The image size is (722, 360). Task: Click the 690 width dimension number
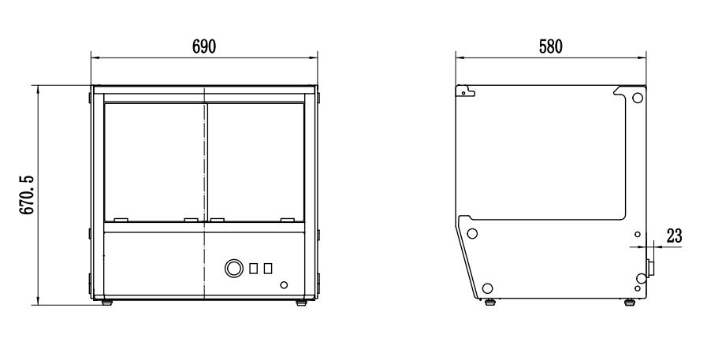pyautogui.click(x=204, y=46)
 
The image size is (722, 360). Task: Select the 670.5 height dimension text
pyautogui.click(x=28, y=195)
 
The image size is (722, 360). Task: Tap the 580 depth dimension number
pyautogui.click(x=550, y=46)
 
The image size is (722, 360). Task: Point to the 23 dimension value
pyautogui.click(x=673, y=235)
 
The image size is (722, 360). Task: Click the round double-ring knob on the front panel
pyautogui.click(x=233, y=268)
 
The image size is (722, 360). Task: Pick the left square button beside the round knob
pyautogui.click(x=254, y=269)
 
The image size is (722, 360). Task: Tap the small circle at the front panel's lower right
pyautogui.click(x=284, y=284)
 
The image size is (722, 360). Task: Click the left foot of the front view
pyautogui.click(x=107, y=302)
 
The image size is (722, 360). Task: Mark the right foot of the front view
pyautogui.click(x=301, y=302)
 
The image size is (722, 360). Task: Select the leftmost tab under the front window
pyautogui.click(x=121, y=220)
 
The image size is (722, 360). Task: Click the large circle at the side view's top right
pyautogui.click(x=637, y=98)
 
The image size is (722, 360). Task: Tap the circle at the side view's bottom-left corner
pyautogui.click(x=488, y=287)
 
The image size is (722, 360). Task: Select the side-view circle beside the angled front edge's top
pyautogui.click(x=472, y=234)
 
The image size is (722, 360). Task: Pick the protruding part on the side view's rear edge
pyautogui.click(x=650, y=267)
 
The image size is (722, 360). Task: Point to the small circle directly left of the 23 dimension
pyautogui.click(x=637, y=234)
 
